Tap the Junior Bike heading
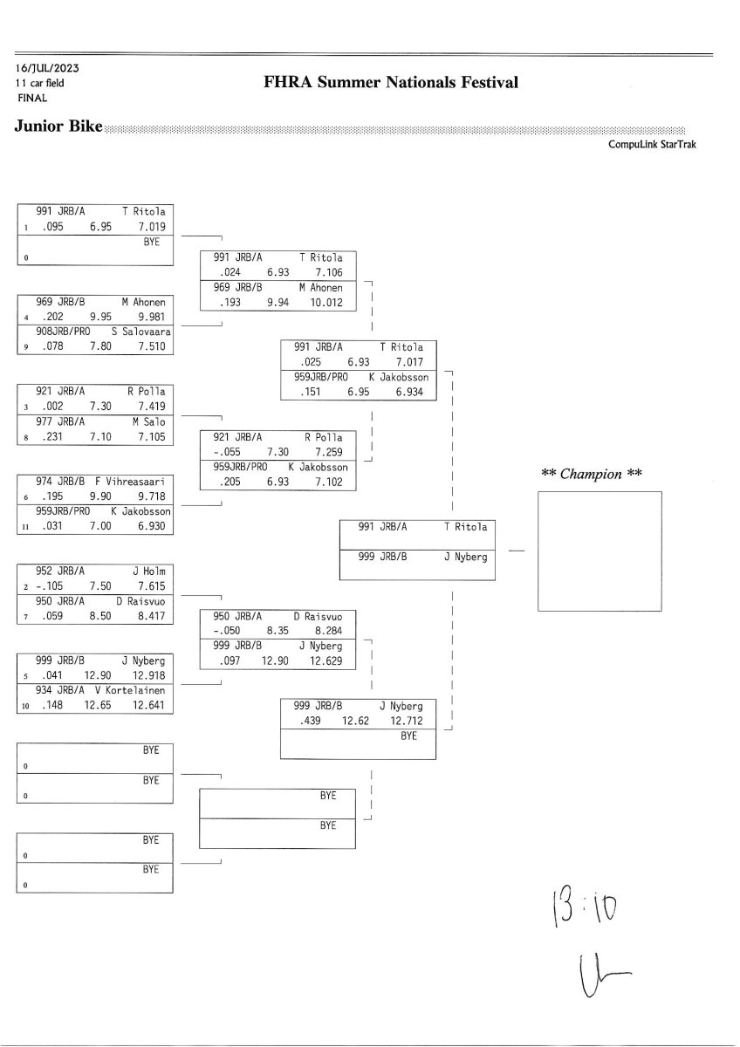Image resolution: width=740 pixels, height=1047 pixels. point(58,127)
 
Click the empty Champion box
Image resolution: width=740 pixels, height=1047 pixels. point(599,551)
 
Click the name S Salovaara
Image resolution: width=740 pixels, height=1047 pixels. point(140,332)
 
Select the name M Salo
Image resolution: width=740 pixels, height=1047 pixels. point(148,421)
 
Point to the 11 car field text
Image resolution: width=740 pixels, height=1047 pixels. point(39,83)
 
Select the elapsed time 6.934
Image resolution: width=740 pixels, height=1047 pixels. point(409,393)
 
